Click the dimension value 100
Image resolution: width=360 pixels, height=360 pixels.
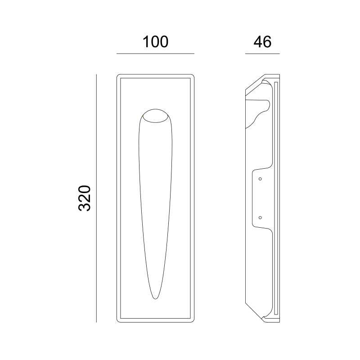coord(155,42)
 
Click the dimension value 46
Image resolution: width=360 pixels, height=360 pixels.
coord(262,42)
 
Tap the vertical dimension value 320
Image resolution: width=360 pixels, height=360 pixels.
coord(85,198)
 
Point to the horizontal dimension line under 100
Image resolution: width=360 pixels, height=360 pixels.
coord(155,54)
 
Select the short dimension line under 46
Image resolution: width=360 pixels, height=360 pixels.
coord(262,54)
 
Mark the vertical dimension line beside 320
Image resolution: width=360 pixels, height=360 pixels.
coord(96,198)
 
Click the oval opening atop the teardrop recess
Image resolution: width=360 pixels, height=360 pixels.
coord(155,116)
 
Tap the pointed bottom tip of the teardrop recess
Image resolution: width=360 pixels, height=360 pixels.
coord(155,299)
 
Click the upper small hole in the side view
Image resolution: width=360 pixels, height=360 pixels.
coord(260,179)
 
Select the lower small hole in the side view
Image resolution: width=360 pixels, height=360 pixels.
coord(260,218)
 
